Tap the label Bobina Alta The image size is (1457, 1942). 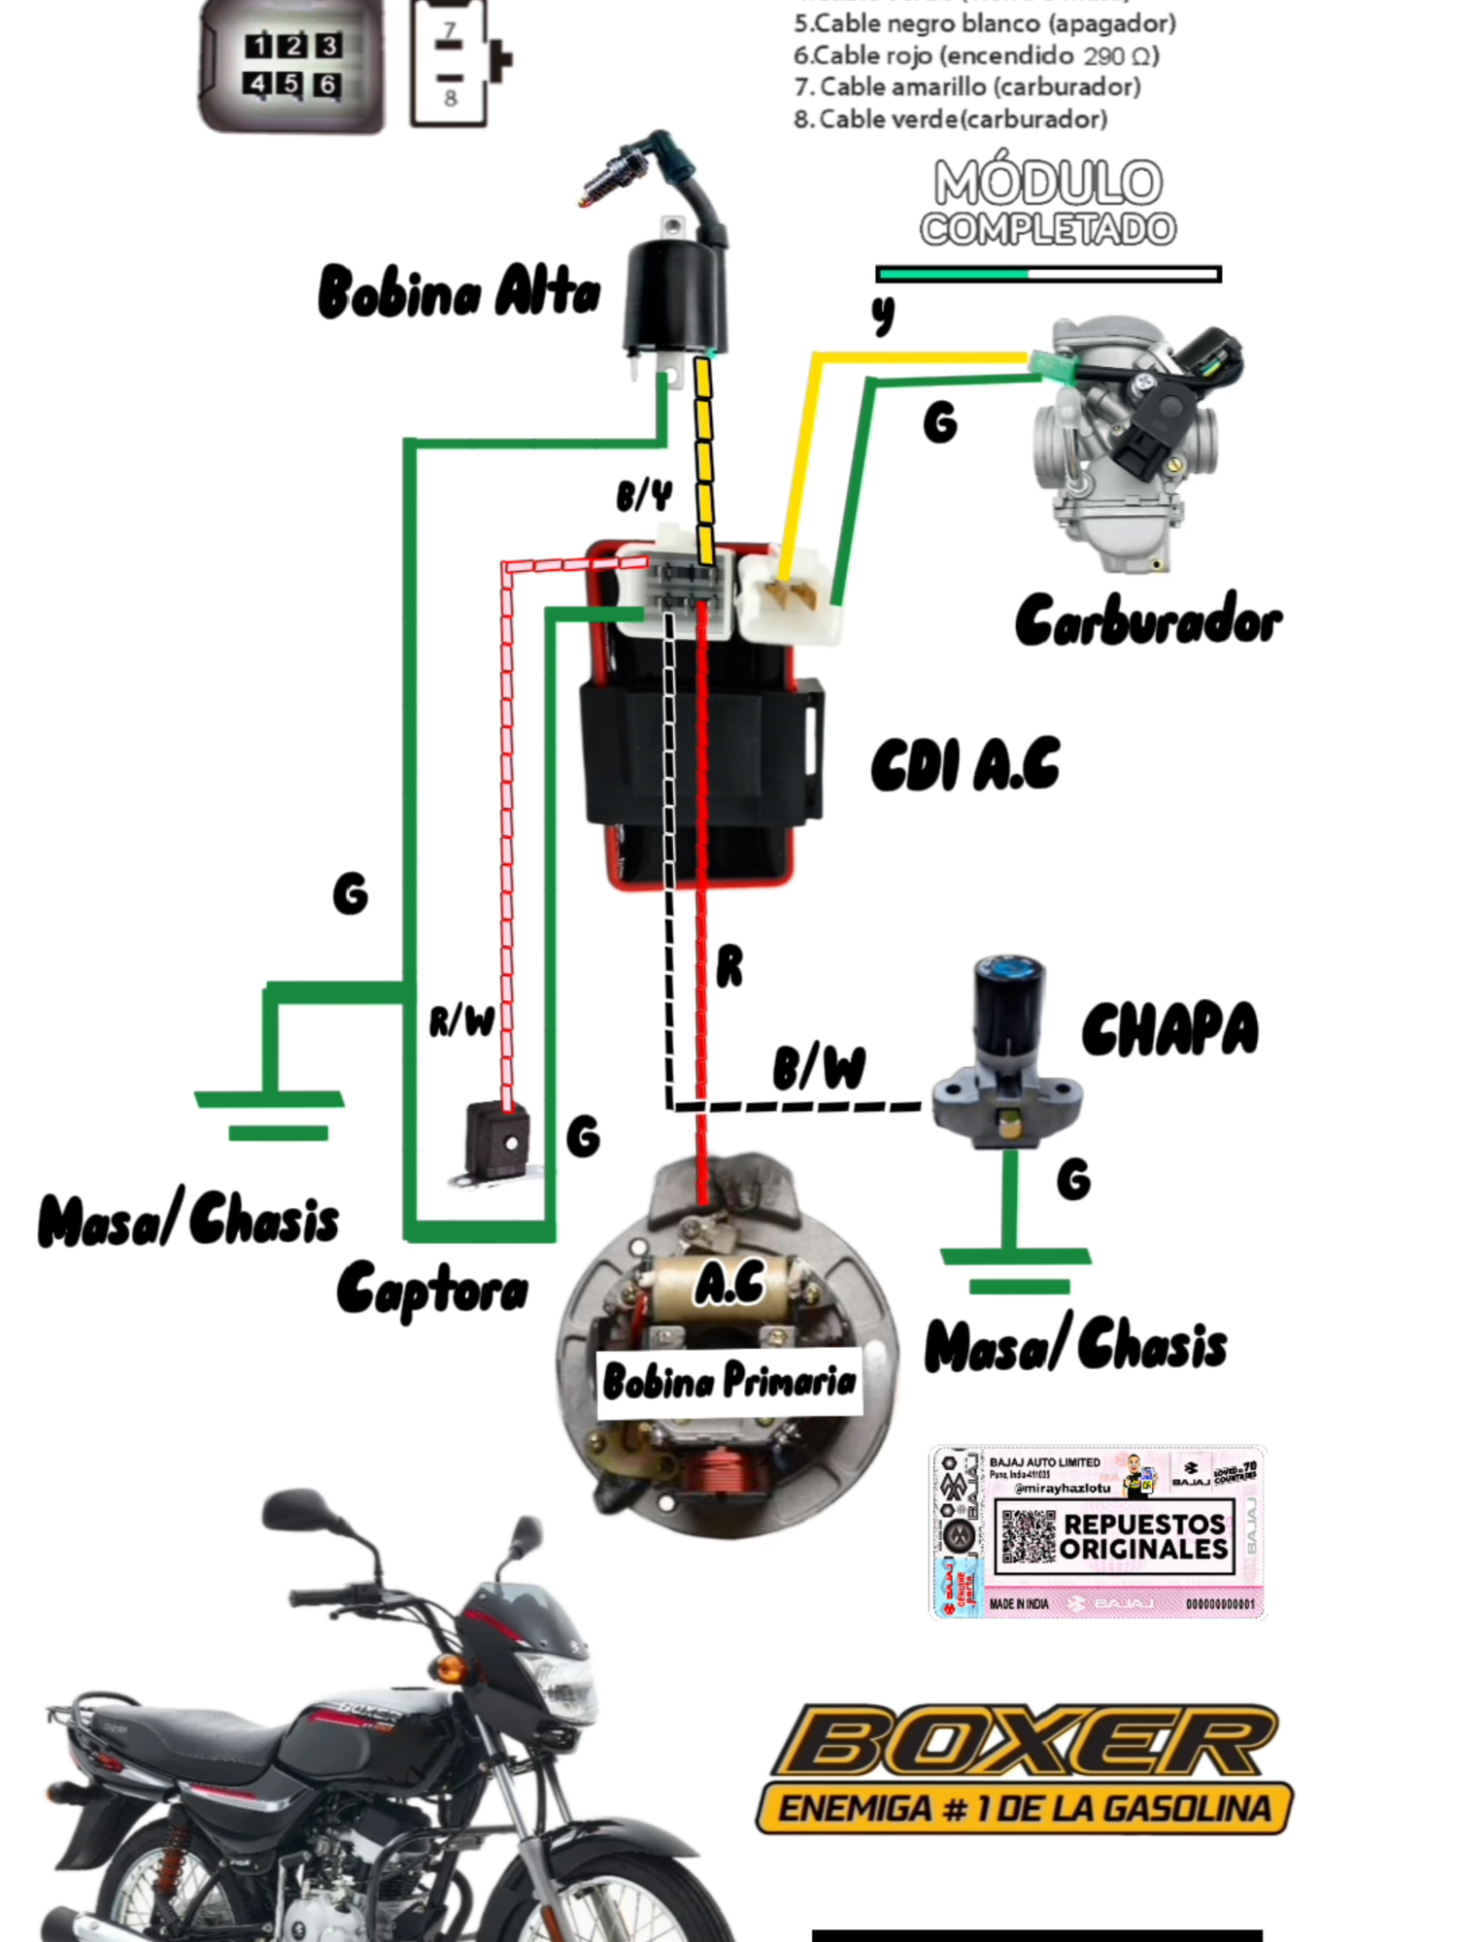458,291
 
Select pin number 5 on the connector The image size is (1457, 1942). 291,84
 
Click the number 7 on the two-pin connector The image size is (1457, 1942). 450,32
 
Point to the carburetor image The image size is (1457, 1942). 1132,437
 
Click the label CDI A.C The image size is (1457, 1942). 965,766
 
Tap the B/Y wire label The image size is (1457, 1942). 643,496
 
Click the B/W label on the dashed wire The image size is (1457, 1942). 819,1067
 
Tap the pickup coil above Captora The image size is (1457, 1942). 496,1144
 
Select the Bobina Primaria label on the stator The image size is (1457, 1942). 728,1381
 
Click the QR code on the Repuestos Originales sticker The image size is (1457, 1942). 1028,1536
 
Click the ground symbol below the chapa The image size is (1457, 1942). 1015,1267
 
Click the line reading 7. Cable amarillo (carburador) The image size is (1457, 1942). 966,87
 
